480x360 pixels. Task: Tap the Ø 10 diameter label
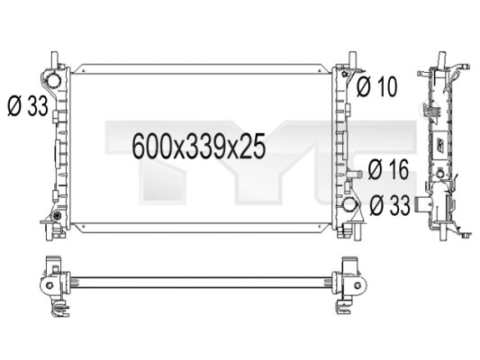pos(377,86)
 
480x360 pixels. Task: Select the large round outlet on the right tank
pos(354,206)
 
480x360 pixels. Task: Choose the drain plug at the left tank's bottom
pos(53,219)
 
